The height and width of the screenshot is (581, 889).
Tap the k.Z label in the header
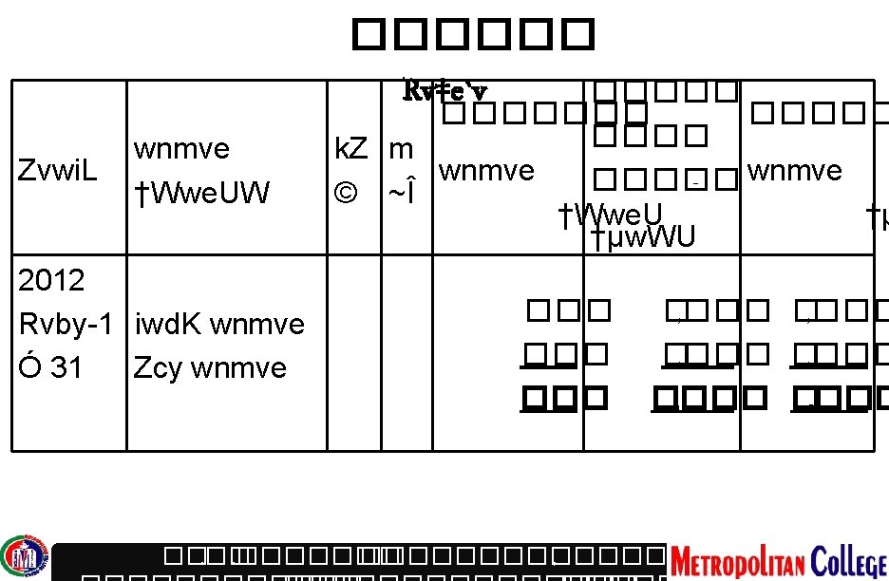pyautogui.click(x=351, y=149)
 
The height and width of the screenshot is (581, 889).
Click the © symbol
pyautogui.click(x=346, y=194)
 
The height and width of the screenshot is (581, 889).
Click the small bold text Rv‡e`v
pyautogui.click(x=445, y=91)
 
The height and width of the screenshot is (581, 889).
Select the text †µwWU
pyautogui.click(x=643, y=237)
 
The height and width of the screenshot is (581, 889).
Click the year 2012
pyautogui.click(x=51, y=280)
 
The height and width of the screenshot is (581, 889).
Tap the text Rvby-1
pyautogui.click(x=66, y=324)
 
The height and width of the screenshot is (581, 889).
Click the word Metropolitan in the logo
pyautogui.click(x=736, y=560)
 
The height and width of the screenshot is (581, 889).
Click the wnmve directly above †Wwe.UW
pyautogui.click(x=181, y=149)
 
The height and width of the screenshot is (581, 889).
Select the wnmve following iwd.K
pyautogui.click(x=257, y=324)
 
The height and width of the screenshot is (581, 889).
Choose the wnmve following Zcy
pyautogui.click(x=238, y=367)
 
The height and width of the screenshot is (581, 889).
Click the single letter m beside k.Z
pyautogui.click(x=401, y=149)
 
